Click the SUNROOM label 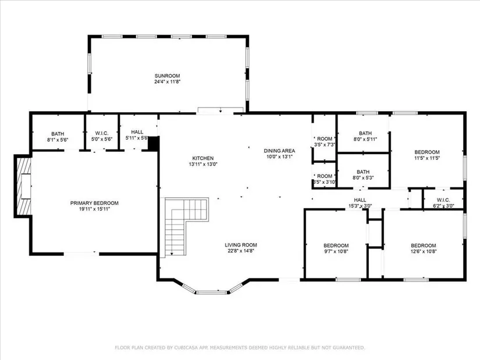coord(167,76)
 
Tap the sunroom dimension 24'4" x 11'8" coord(167,82)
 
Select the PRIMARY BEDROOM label coord(94,203)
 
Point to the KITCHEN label coord(203,158)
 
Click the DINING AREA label coord(279,151)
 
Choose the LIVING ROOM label coord(241,245)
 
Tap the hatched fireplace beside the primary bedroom coord(23,186)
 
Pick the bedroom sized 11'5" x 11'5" coord(426,155)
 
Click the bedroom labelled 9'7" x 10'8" coord(336,248)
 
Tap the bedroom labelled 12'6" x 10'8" coord(424,248)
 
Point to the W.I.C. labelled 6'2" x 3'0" coord(443,203)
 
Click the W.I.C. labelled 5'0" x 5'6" coord(102,136)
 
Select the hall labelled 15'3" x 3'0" coord(360,203)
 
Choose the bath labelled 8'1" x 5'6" coord(58,137)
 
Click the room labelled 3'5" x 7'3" coord(325,141)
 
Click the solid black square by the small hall coord(153,143)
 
